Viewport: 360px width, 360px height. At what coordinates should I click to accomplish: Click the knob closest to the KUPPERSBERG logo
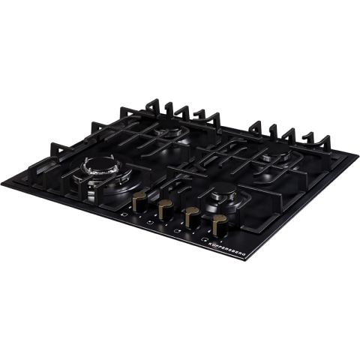point(220,226)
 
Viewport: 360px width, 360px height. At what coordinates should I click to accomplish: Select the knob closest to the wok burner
point(140,202)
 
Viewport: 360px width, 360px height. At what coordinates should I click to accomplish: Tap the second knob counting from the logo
point(193,218)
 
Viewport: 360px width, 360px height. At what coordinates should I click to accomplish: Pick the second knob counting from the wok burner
point(166,210)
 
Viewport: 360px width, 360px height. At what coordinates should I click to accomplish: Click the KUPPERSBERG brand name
point(227,249)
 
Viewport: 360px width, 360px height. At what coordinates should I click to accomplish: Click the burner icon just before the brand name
point(204,239)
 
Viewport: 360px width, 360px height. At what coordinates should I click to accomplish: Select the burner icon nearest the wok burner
point(124,214)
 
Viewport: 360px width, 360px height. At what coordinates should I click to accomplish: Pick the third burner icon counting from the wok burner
point(177,231)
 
